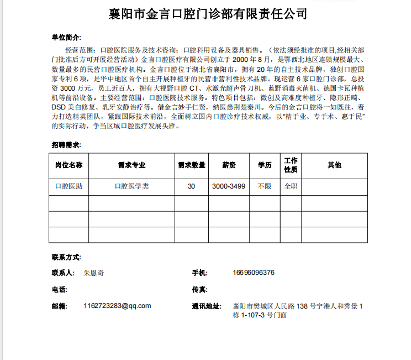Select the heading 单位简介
66,38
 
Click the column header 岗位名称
69,165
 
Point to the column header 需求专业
131,165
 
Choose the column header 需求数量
191,165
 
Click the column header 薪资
229,165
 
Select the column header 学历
265,165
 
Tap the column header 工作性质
291,165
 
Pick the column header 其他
334,165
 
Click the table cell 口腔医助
69,186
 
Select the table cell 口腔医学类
131,186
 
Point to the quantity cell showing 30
191,186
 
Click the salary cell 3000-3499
229,186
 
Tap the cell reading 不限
265,186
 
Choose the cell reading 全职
291,186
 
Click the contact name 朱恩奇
94,273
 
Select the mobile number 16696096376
254,273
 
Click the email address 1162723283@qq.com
117,306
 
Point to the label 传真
199,289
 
